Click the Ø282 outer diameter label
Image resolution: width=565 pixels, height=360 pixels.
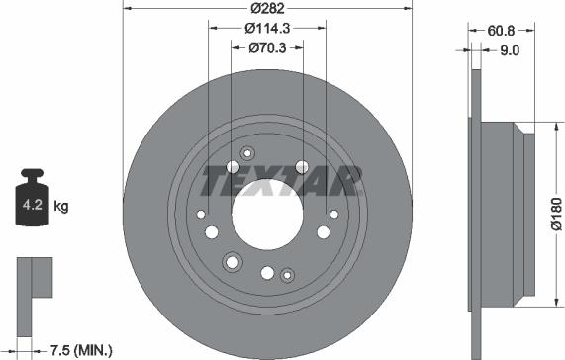click(267, 8)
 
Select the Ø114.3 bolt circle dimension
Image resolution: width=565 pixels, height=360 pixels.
click(267, 29)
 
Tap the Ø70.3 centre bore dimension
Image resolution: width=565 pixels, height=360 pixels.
click(267, 46)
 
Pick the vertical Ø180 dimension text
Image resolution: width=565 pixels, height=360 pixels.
click(555, 217)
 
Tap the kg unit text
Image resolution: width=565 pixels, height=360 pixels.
click(60, 207)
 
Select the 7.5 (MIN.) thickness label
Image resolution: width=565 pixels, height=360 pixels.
click(81, 349)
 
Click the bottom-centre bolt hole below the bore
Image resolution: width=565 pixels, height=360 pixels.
click(267, 272)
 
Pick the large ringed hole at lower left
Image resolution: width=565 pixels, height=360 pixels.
click(233, 261)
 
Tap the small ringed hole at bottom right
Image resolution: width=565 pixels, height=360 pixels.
click(287, 274)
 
